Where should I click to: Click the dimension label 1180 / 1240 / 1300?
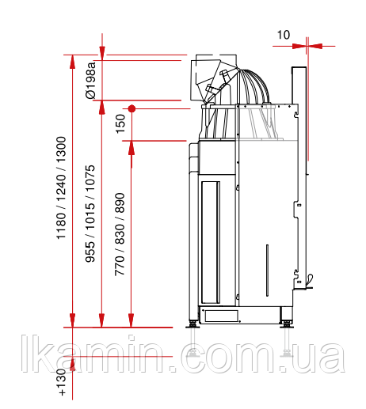tap(61, 187)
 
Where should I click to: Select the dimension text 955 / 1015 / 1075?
tap(90, 214)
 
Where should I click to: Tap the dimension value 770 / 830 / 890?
tap(120, 234)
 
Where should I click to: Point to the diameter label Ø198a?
tap(90, 80)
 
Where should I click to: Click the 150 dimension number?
tap(120, 123)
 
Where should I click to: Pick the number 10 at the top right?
tap(284, 35)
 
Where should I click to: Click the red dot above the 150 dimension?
tap(132, 108)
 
